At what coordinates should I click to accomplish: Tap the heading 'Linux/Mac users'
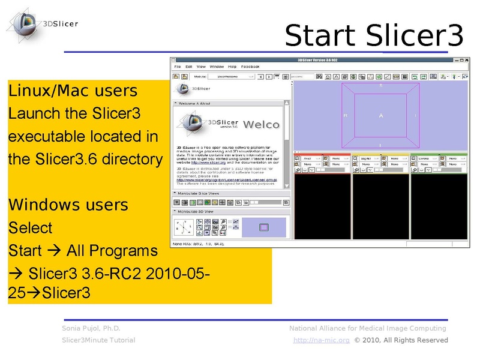click(73, 91)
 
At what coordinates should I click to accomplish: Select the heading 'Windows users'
click(68, 205)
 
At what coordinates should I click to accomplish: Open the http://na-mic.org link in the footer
click(321, 340)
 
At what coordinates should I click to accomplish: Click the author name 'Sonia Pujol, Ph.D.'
click(91, 328)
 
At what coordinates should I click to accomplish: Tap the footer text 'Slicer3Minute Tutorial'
click(98, 340)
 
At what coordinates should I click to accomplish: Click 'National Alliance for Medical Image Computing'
click(367, 328)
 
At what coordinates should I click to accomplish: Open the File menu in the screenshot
click(177, 67)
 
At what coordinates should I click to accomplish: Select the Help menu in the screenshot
click(232, 67)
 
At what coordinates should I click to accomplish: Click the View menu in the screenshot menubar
click(201, 67)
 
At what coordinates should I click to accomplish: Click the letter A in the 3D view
click(380, 115)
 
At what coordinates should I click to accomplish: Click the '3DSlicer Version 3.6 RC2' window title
click(318, 60)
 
